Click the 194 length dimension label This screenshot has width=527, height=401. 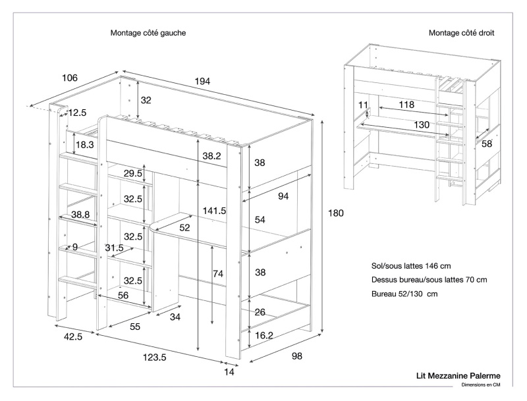pos(202,81)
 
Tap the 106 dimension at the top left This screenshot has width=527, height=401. pos(70,78)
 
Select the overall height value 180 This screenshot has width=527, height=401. pos(336,213)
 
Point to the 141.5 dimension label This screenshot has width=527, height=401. pos(215,211)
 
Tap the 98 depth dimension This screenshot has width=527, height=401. pos(296,356)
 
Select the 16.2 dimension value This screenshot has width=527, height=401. pos(264,335)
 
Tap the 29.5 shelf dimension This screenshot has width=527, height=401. pos(133,173)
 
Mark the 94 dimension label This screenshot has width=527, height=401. pos(283,196)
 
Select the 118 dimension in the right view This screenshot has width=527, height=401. pos(406,105)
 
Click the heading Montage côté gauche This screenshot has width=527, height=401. pos(148,32)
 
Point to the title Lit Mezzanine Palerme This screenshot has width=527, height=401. pos(468,375)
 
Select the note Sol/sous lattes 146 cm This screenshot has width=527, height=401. pos(411,266)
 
